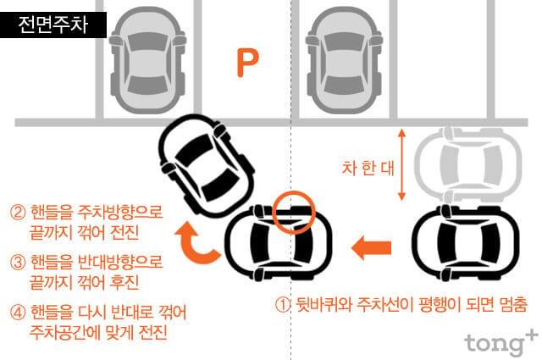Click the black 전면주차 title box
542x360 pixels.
pos(53,25)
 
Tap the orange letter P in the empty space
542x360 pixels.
pos(247,63)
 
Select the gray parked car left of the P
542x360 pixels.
pos(147,60)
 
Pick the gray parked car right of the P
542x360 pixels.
pos(343,60)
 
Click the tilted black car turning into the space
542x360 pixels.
pos(207,165)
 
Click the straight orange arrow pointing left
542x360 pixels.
pos(371,247)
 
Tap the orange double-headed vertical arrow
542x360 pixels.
pos(401,164)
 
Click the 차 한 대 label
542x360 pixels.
pos(368,168)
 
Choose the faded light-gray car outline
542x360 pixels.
pos(468,163)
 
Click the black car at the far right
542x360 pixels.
pos(466,242)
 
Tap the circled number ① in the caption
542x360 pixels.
pos(283,305)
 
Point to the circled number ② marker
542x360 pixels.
pos(18,213)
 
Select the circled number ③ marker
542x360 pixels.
pos(18,263)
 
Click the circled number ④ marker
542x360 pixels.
pos(18,313)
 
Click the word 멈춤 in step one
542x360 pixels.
pos(514,304)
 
